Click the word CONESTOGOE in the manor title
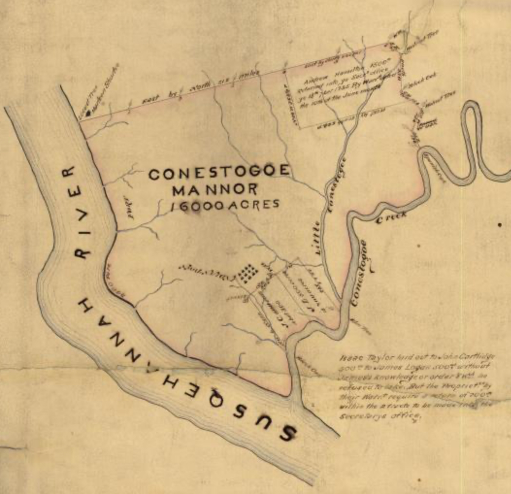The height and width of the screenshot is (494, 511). coord(219,173)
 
